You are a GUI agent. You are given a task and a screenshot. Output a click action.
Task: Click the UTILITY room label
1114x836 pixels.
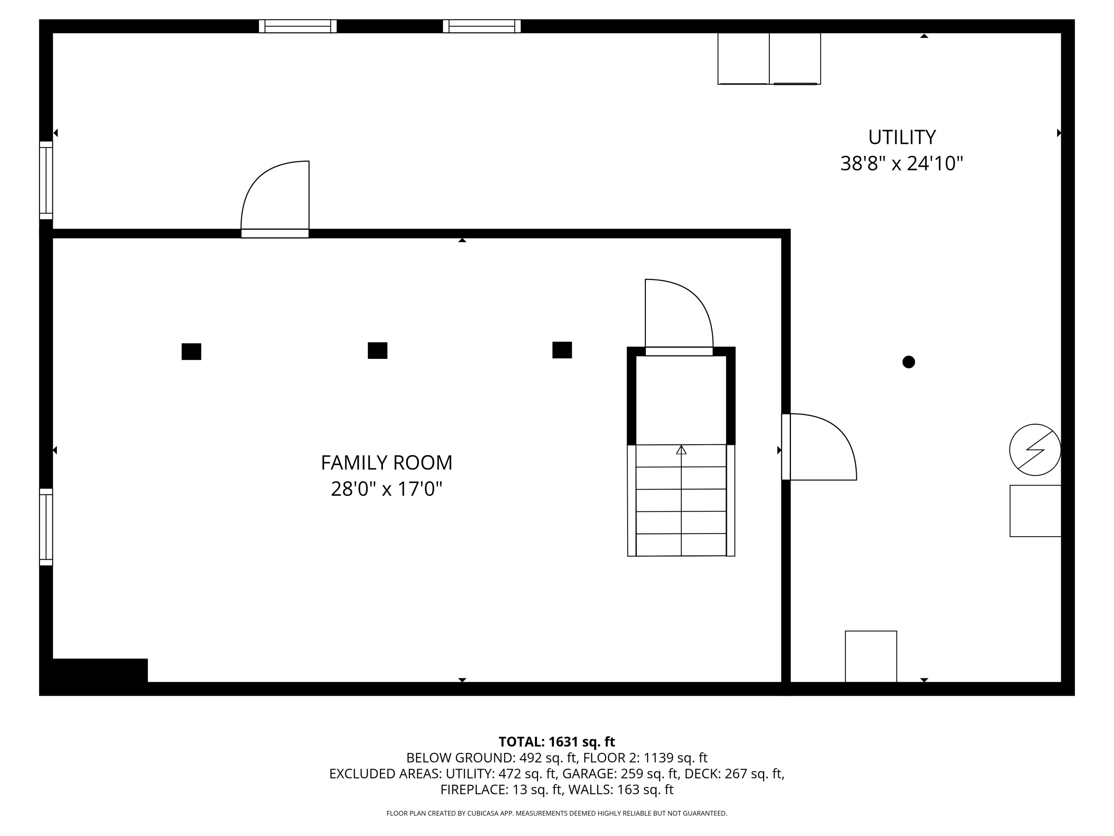(x=902, y=137)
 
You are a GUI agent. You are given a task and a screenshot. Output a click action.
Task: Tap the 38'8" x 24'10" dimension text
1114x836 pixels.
(x=902, y=164)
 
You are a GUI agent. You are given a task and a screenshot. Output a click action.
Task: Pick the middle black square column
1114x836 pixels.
(x=377, y=350)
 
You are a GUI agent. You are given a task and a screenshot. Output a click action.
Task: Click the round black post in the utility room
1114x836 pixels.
(x=909, y=362)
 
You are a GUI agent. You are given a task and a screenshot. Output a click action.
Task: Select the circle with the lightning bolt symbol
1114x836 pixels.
(x=1035, y=450)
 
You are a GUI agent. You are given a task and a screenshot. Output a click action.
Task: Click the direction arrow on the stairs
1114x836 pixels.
(x=681, y=450)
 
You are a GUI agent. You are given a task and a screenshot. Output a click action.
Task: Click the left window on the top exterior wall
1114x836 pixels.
(x=298, y=26)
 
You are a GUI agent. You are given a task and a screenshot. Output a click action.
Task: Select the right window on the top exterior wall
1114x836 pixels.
(x=482, y=26)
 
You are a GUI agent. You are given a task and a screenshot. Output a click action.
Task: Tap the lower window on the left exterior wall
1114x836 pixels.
(x=46, y=527)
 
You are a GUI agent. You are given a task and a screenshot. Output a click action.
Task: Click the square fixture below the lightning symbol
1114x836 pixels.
(x=1035, y=511)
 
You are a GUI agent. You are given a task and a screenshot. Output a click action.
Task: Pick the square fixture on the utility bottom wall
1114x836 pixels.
(x=871, y=656)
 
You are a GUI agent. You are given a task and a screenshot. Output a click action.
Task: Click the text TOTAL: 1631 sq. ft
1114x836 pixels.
(x=557, y=742)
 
